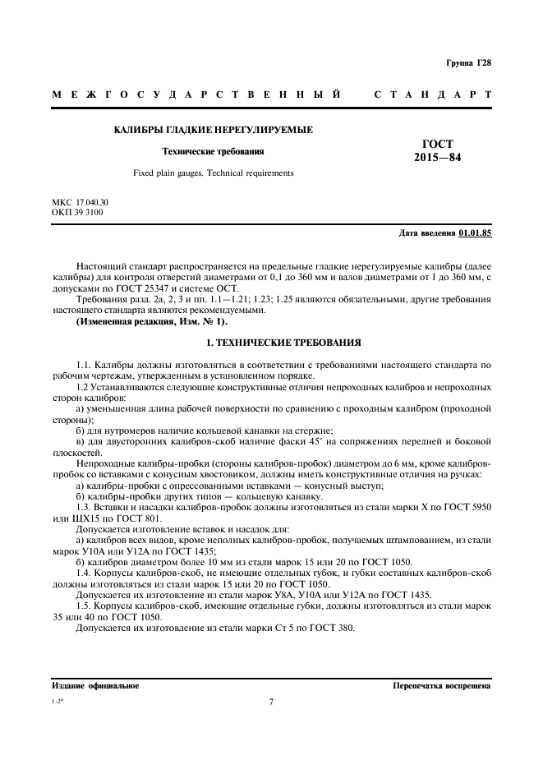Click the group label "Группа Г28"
[x=469, y=63]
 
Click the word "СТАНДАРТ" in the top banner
[x=432, y=94]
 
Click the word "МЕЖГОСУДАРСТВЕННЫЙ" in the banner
[x=197, y=94]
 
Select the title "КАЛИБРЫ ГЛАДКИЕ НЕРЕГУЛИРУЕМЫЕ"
[x=213, y=130]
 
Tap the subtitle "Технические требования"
[x=213, y=151]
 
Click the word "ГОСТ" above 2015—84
[x=437, y=143]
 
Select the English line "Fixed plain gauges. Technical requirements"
[x=213, y=173]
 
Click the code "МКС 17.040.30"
[x=80, y=202]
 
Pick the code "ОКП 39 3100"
[x=77, y=212]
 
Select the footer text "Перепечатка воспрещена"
[x=441, y=685]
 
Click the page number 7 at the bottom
[x=271, y=702]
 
